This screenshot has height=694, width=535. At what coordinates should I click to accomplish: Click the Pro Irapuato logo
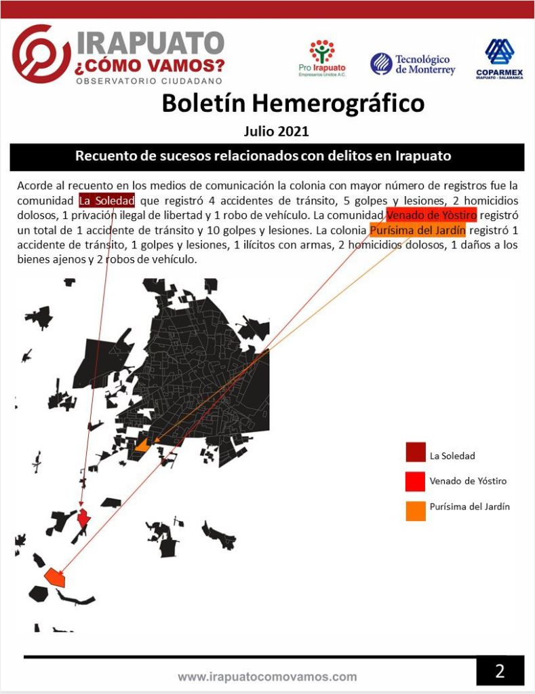[322, 58]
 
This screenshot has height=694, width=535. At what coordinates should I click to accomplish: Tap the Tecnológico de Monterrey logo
[412, 64]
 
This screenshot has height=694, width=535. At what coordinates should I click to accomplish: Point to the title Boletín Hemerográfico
[293, 104]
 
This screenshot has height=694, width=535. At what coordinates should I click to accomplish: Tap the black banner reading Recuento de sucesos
[267, 156]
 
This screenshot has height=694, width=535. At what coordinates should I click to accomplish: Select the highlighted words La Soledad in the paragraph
[106, 200]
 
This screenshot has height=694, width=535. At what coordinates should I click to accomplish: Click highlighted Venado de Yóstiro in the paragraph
[431, 215]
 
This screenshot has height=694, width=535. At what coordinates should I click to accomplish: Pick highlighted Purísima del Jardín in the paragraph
[418, 231]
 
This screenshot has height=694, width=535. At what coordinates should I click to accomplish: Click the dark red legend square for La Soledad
[416, 452]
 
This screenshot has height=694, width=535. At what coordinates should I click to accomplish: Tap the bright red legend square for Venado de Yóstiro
[416, 481]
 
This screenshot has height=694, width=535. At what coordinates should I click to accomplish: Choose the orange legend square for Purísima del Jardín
[416, 510]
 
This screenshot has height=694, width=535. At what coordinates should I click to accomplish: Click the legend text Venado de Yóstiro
[468, 481]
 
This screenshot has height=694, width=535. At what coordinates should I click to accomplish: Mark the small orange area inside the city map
[142, 446]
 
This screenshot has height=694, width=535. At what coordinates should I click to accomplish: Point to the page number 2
[500, 672]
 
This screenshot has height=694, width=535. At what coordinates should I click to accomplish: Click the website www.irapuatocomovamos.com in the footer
[267, 676]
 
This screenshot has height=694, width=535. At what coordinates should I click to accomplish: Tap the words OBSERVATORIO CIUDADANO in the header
[149, 81]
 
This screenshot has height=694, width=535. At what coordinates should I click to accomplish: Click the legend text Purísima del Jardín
[469, 506]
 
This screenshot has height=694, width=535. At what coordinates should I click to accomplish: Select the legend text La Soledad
[452, 456]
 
